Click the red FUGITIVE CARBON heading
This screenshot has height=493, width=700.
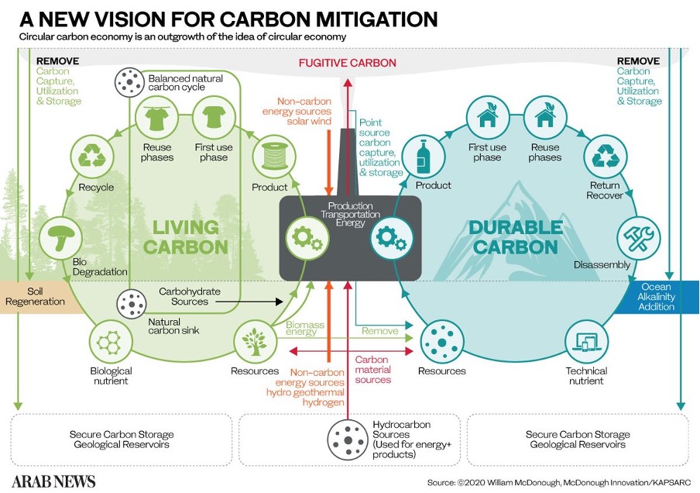pos(348,63)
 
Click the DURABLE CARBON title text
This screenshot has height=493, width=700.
pos(515,237)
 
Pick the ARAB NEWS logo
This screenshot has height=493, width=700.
pos(53,481)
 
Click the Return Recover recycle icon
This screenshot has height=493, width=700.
pos(604,156)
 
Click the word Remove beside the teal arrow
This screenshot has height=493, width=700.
pos(379,331)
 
